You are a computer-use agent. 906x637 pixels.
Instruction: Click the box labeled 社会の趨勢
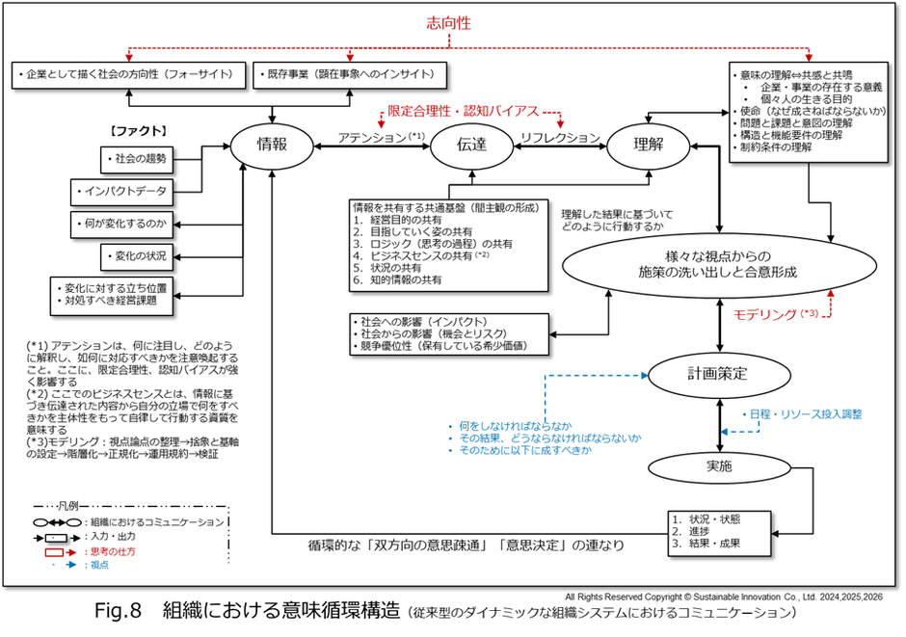pos(139,157)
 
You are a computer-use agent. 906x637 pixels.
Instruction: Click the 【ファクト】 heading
pos(140,128)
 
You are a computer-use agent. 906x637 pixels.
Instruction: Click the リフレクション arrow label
pos(560,138)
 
